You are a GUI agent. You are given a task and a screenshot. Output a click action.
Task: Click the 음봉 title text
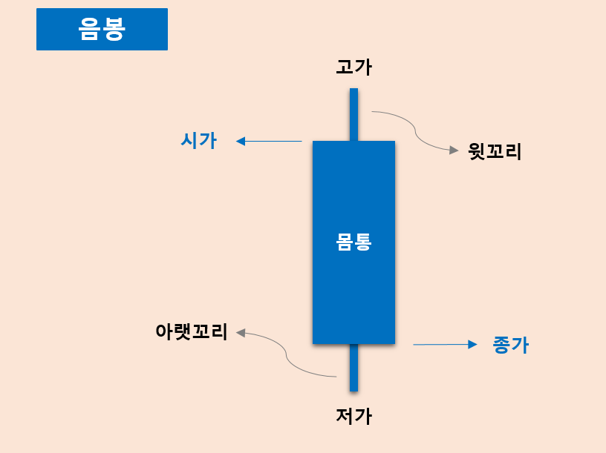102,29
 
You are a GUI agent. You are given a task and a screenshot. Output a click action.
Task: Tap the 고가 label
353,67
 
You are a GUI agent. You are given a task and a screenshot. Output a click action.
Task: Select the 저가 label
353,416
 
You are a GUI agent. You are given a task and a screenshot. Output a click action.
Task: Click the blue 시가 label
198,140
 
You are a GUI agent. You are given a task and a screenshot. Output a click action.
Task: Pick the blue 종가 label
510,345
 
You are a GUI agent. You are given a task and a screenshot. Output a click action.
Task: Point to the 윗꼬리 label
495,152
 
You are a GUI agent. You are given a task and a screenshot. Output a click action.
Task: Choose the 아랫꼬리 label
191,331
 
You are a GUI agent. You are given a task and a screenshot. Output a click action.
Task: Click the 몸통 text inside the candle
353,242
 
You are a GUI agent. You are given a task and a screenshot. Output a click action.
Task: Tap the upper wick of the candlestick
353,114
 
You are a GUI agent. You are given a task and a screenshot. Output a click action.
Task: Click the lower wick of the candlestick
353,368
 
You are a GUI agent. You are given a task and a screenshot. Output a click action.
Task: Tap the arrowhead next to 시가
241,141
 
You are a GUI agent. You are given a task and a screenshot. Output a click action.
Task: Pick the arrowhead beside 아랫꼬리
241,333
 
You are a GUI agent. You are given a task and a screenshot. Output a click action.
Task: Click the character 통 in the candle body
362,242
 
